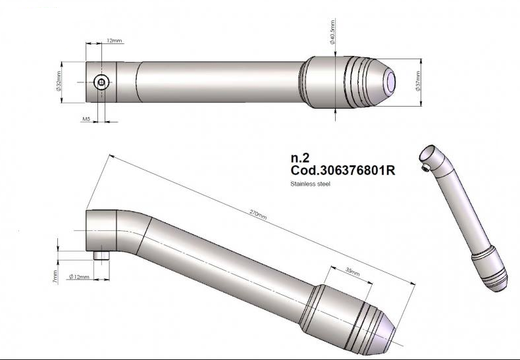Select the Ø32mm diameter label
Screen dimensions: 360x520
[59, 82]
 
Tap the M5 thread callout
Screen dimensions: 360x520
[86, 120]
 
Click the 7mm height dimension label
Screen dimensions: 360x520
[56, 277]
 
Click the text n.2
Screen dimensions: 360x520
[299, 158]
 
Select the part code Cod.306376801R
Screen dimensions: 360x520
[342, 170]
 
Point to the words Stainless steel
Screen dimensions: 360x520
[310, 184]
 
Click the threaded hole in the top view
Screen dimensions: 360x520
[101, 82]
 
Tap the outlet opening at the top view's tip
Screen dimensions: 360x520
[390, 82]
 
